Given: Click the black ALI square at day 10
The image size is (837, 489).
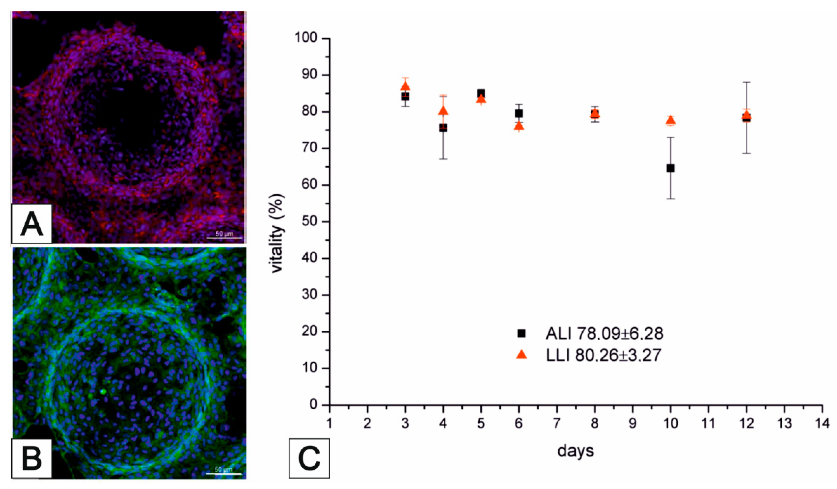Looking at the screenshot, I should (x=671, y=168).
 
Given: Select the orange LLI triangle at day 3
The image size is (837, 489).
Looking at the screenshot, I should (x=405, y=86).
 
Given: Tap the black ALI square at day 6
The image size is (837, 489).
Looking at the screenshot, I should (x=519, y=113).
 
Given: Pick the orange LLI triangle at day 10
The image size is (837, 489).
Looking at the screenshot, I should (x=671, y=120).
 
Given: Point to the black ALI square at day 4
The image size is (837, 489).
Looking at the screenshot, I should (x=443, y=128).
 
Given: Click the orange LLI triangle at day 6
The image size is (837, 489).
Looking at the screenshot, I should (x=519, y=126).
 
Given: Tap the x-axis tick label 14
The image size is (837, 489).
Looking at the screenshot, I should (x=822, y=424).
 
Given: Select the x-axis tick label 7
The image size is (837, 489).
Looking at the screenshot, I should (x=557, y=424).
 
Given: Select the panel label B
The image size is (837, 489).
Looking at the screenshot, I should (x=32, y=458).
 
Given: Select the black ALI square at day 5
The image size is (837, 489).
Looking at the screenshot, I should (x=481, y=93).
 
